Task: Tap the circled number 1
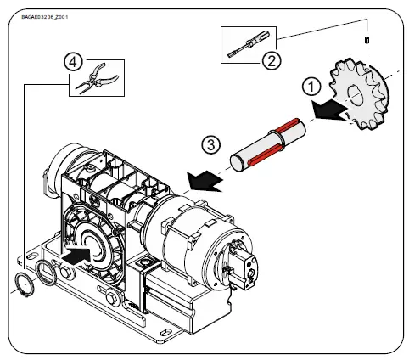click(311, 85)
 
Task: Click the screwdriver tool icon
click(249, 44)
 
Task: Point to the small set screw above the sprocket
click(366, 40)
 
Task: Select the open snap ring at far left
click(25, 282)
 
